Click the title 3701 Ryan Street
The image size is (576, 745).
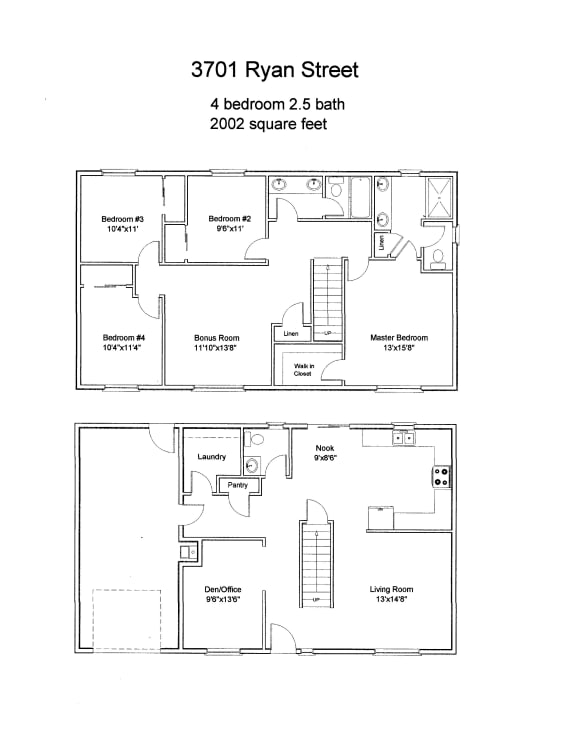274,70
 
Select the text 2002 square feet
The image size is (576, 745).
269,125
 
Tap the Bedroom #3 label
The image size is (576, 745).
123,219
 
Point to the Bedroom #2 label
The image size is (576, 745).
229,219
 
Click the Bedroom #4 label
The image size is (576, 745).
122,338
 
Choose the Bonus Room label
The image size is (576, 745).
217,338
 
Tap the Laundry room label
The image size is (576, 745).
211,457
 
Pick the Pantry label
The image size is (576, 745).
238,485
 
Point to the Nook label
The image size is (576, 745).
324,449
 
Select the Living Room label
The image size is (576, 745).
391,590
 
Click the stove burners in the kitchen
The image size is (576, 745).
441,477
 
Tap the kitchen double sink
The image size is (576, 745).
404,437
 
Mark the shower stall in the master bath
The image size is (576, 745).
437,198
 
